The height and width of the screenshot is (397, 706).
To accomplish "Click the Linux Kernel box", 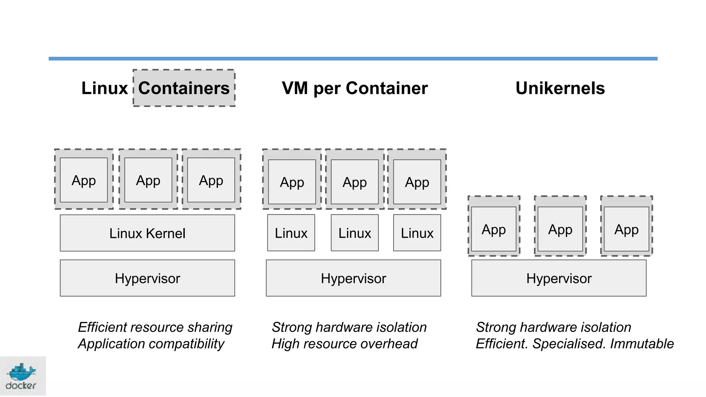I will click(x=147, y=233).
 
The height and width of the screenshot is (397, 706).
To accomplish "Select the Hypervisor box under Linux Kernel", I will click(x=147, y=278).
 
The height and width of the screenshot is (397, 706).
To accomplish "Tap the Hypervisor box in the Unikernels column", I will click(x=558, y=278).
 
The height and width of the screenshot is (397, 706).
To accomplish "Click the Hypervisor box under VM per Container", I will click(x=353, y=278).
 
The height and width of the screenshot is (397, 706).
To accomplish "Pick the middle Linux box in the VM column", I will click(x=354, y=233).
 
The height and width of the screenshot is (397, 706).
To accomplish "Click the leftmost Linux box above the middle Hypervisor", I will click(x=291, y=233).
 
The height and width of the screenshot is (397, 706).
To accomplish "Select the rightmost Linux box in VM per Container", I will click(x=417, y=233).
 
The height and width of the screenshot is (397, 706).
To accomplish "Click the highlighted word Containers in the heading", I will click(x=184, y=88).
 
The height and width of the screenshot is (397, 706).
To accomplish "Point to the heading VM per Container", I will click(x=354, y=88).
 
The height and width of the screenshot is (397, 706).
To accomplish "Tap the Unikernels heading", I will click(x=560, y=88).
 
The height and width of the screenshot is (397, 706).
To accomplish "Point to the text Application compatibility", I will click(x=151, y=344).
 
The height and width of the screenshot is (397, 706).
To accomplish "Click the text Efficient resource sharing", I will click(x=155, y=327).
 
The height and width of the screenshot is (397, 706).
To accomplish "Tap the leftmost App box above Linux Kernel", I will click(x=84, y=180).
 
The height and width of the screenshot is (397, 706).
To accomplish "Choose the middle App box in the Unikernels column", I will click(x=560, y=229).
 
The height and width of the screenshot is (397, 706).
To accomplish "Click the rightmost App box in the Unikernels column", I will click(x=626, y=229).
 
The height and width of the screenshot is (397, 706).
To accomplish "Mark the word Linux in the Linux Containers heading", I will click(x=104, y=88).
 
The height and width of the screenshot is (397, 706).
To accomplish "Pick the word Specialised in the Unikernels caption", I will click(x=569, y=344).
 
